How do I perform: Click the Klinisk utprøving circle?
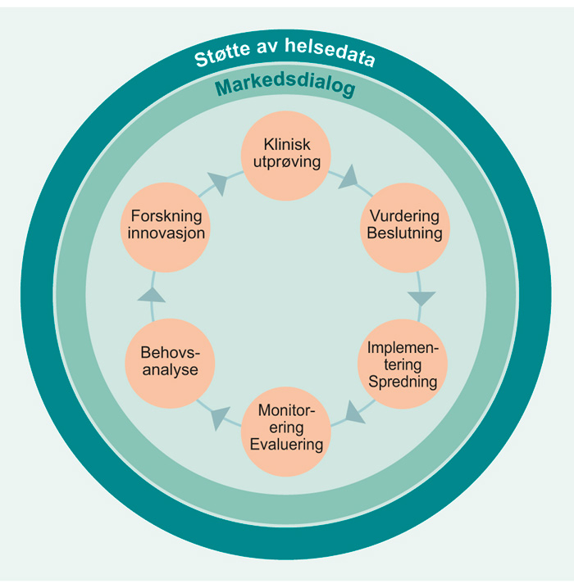tap(286, 156)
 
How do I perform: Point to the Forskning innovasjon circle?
tap(166, 225)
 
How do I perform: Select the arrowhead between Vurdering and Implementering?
tap(421, 296)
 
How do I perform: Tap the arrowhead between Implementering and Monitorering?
tap(353, 411)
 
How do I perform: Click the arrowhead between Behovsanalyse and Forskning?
tap(150, 294)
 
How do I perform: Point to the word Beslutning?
tap(405, 234)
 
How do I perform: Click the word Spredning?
tap(403, 382)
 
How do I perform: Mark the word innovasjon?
tap(166, 233)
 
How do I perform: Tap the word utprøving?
tap(286, 162)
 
